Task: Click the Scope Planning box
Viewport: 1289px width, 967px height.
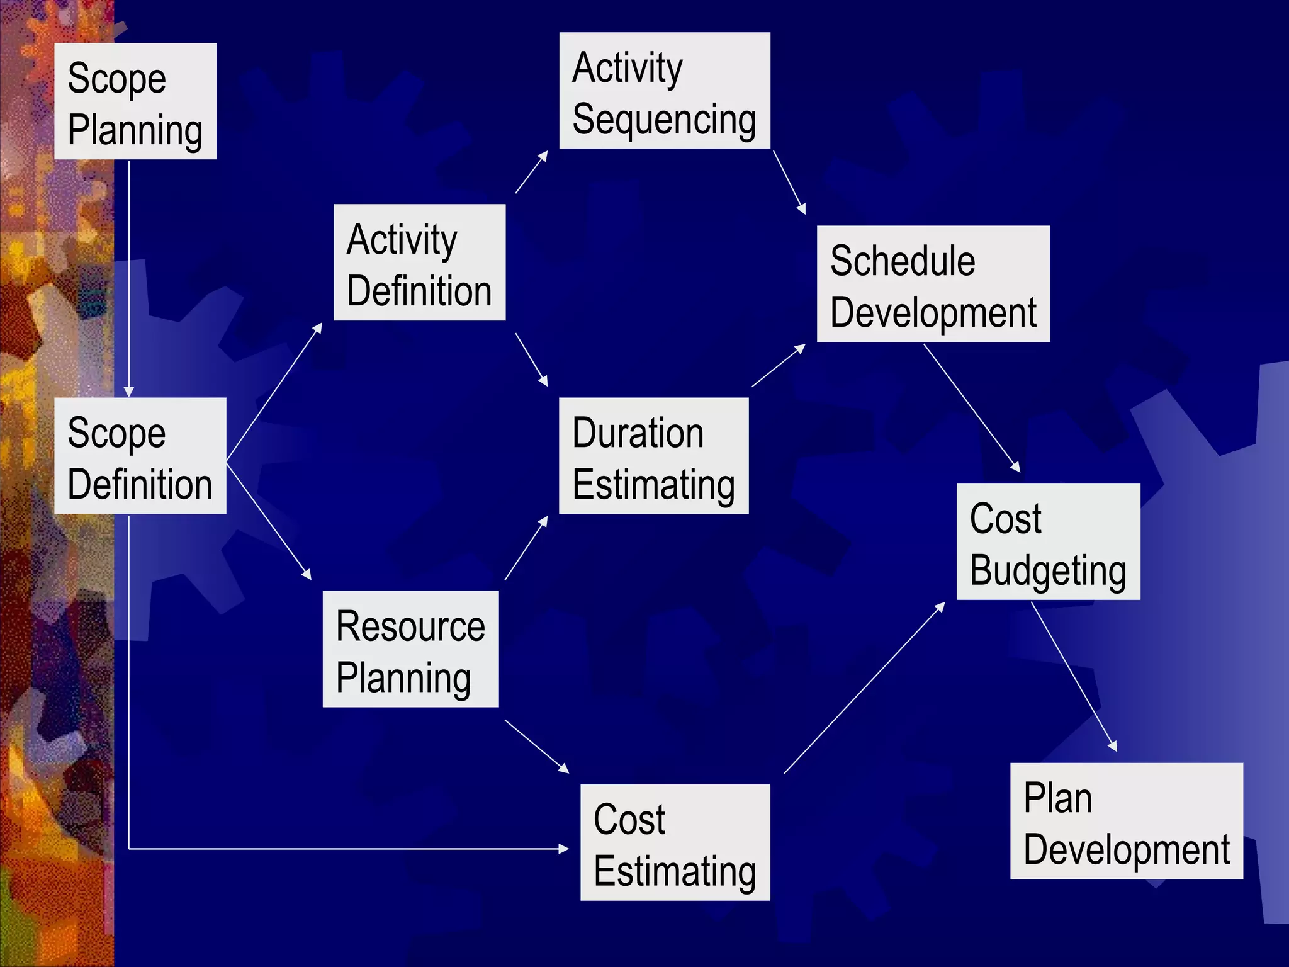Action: pos(135,101)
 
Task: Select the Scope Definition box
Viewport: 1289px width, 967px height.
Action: pos(140,455)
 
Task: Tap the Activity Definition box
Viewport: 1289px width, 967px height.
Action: pos(419,262)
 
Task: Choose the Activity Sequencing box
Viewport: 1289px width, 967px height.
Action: pos(665,91)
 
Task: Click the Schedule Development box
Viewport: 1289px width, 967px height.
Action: pos(933,283)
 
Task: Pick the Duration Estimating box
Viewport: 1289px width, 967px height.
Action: pos(653,455)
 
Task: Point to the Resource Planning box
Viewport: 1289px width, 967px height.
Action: pos(410,648)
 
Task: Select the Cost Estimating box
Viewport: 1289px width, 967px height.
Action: pos(675,842)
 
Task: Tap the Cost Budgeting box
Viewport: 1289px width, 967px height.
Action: pos(1048,541)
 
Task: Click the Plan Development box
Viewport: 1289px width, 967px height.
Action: pos(1126,820)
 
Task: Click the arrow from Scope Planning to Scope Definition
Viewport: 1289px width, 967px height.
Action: pos(129,277)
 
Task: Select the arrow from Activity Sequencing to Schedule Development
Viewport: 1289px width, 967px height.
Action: pos(789,182)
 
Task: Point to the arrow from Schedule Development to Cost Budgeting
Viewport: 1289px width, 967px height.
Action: pos(971,407)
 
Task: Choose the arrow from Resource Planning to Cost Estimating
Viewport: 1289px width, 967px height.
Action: pos(536,746)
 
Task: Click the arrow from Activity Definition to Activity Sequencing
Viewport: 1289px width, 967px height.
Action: pos(531,172)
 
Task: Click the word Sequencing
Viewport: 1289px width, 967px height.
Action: pos(664,120)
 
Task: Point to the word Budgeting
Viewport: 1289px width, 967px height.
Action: pos(1048,570)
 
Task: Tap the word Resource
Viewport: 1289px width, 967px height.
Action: pos(410,626)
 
